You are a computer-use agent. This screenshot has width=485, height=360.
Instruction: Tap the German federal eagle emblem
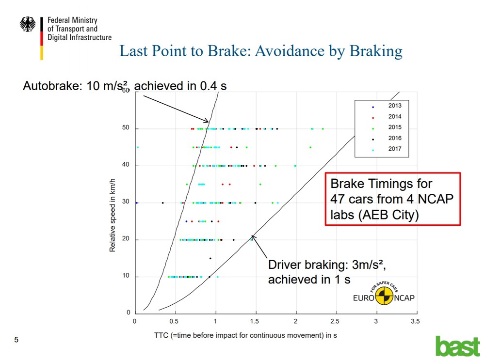pos(28,24)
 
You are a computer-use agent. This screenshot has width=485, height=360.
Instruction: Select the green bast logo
pos(458,346)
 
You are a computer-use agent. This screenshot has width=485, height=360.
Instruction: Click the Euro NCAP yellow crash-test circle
pos(384,296)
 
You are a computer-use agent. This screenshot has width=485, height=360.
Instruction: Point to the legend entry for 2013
pos(387,106)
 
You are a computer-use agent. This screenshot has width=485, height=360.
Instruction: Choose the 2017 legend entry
pos(387,149)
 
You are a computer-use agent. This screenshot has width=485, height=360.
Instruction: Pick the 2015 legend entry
pos(387,127)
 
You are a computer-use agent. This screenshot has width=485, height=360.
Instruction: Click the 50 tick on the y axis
pos(126,128)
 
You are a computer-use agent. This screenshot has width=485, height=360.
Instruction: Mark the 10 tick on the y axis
pos(126,276)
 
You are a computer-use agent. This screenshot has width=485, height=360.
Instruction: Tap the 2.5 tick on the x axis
pos(335,321)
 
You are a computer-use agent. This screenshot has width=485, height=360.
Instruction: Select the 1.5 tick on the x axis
pos(255,321)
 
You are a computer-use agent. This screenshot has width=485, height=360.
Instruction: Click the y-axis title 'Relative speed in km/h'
pos(113,215)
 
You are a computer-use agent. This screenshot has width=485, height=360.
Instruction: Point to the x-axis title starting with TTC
pos(245,335)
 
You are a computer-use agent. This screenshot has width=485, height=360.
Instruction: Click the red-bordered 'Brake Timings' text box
pos(393,199)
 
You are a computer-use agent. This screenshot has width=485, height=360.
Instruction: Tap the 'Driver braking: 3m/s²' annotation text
pos(326,265)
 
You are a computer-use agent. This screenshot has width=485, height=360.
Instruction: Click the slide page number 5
pos(16,340)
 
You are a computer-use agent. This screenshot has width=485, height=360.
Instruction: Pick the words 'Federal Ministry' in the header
pos(72,20)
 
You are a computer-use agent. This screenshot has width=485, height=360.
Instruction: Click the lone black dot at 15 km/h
pos(210,258)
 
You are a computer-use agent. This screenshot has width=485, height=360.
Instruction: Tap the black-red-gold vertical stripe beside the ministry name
pos(42,38)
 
